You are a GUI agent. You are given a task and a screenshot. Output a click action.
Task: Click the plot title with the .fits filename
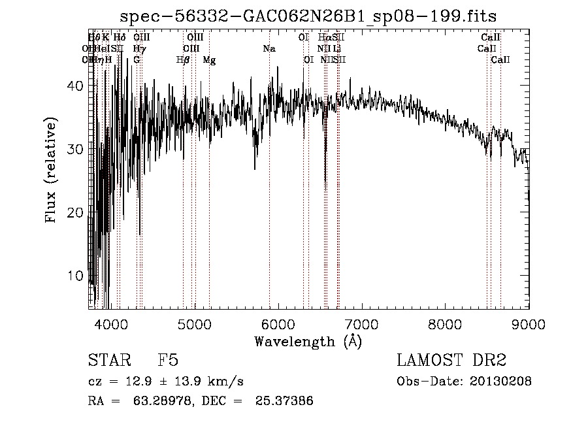click(x=313, y=16)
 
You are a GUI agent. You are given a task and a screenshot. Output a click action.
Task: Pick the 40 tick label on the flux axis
click(x=76, y=86)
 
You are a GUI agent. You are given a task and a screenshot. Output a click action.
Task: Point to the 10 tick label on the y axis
click(x=76, y=276)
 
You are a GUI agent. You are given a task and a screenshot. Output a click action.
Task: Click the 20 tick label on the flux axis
click(x=76, y=212)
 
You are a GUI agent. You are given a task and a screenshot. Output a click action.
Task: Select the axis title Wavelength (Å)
click(x=308, y=341)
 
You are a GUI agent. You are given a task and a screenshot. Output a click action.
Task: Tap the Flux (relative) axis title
click(x=51, y=171)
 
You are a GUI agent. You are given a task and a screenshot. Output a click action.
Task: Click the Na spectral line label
click(x=269, y=48)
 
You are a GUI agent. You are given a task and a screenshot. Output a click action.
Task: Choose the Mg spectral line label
click(x=209, y=60)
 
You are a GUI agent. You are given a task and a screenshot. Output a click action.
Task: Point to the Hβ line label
click(x=183, y=60)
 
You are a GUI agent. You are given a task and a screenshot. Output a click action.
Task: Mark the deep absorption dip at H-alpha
click(x=325, y=176)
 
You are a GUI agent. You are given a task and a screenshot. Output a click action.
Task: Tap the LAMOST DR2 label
click(x=451, y=361)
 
